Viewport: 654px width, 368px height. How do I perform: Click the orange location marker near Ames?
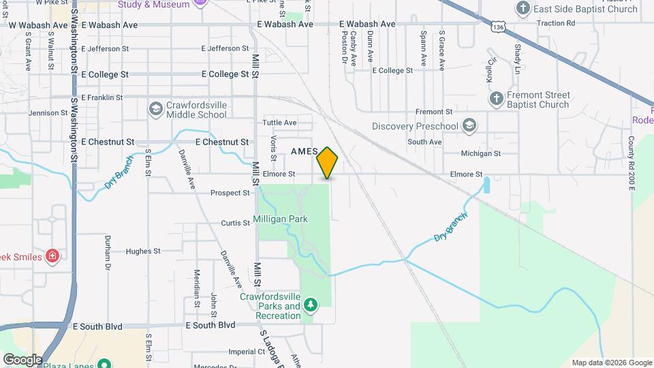[328, 163]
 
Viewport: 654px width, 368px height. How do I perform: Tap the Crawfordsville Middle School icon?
[155, 109]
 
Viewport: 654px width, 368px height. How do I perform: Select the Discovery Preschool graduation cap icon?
[468, 125]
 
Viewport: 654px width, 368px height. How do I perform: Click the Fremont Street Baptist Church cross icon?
[497, 99]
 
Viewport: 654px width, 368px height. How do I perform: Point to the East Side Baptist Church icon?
[523, 8]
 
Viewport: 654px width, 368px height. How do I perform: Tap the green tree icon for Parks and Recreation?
[311, 304]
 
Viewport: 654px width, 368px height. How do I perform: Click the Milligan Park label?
[280, 219]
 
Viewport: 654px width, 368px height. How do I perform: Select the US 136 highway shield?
[499, 27]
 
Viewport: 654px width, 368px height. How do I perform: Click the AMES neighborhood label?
[305, 151]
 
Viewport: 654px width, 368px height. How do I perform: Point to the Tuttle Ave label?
[280, 123]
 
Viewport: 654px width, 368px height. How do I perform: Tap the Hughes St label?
[142, 251]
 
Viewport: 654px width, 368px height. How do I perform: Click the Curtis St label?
[236, 224]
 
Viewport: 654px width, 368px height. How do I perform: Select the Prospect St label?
[230, 193]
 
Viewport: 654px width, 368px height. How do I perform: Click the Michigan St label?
[480, 154]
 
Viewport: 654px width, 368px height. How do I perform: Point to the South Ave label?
[424, 142]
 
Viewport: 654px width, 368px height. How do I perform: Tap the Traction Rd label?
[556, 23]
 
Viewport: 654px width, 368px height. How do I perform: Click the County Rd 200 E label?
[632, 164]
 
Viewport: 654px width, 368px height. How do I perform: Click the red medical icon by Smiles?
[52, 256]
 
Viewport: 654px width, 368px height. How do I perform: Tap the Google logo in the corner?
[22, 359]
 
